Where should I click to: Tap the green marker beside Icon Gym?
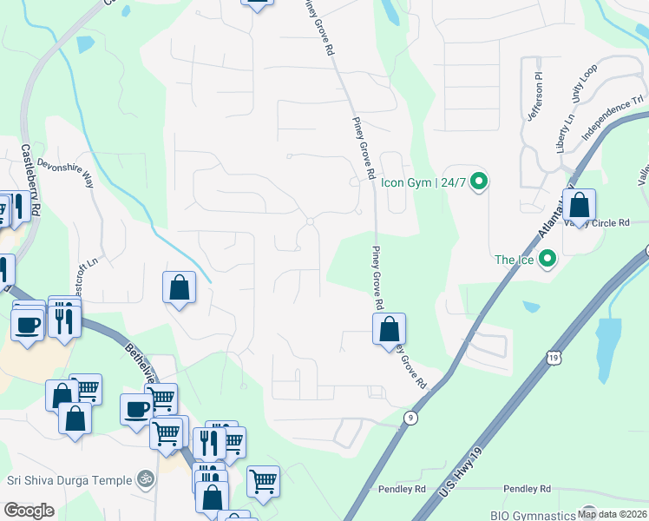coord(477,182)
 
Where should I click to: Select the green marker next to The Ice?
coord(547,259)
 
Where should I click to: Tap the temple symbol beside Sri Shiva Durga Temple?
coord(146,478)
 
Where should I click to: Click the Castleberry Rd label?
coord(31,181)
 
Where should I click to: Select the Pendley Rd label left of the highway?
coord(402,490)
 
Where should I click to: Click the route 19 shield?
coord(553,356)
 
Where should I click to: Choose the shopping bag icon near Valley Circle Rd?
coord(580,206)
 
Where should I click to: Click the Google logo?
coord(29,511)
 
